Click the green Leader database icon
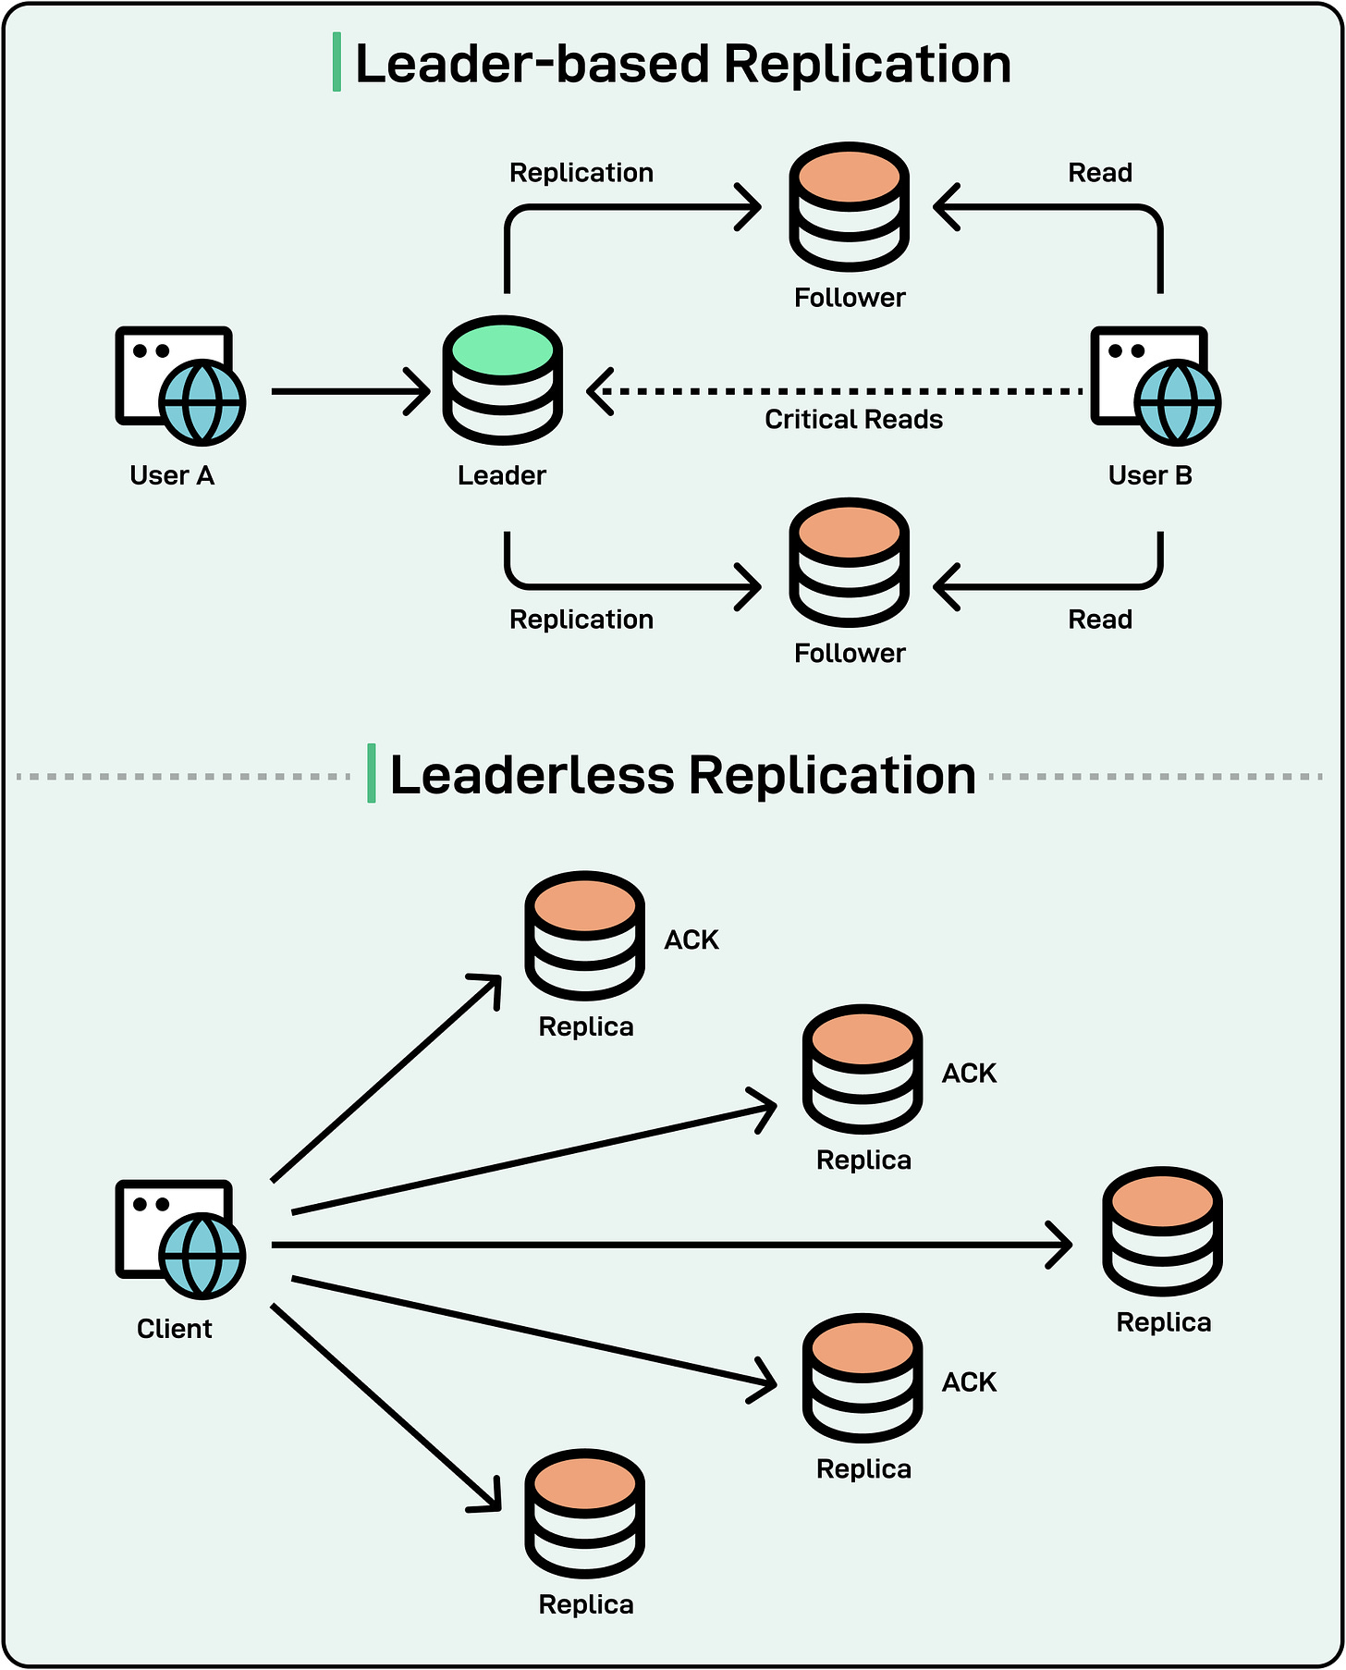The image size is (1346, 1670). click(503, 380)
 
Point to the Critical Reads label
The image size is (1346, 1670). click(853, 420)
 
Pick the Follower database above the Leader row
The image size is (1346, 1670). click(849, 206)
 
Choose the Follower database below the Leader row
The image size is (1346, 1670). click(849, 562)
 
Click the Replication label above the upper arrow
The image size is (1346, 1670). click(581, 173)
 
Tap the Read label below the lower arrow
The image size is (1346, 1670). click(1100, 620)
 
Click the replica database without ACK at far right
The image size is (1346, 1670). click(1162, 1231)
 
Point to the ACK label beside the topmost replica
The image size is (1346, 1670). click(691, 939)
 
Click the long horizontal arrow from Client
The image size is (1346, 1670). click(666, 1245)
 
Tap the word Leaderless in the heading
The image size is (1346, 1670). click(532, 775)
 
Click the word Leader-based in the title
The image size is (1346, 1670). click(532, 64)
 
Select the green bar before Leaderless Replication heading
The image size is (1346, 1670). click(372, 773)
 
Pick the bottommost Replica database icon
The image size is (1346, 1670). click(584, 1513)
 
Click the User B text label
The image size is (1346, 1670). click(1150, 475)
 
